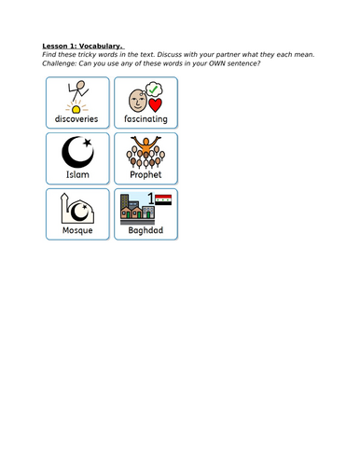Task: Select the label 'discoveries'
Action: (77, 119)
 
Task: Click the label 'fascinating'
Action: (145, 119)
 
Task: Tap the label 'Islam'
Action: (77, 174)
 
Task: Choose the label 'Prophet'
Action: (145, 174)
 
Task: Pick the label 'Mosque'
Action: (77, 229)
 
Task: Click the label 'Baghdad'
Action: (145, 229)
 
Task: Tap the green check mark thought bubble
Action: (156, 89)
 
